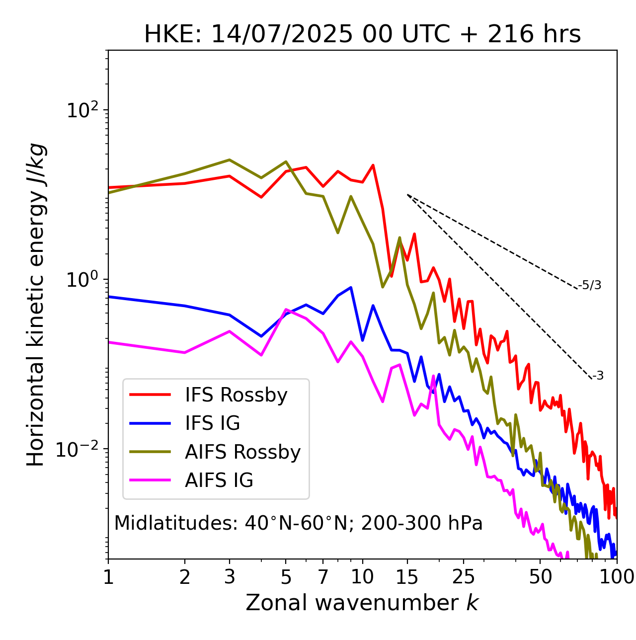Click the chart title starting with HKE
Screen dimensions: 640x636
click(x=362, y=35)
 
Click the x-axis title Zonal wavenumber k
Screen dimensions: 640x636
click(x=362, y=603)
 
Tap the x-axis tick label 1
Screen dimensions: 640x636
click(x=108, y=577)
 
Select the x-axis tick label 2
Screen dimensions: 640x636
click(x=185, y=577)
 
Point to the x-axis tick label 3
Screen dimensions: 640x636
click(x=230, y=577)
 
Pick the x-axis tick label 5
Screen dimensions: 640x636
click(x=286, y=577)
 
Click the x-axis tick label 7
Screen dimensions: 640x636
click(x=323, y=577)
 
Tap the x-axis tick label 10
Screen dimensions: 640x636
click(x=362, y=577)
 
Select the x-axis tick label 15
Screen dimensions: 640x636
click(x=407, y=577)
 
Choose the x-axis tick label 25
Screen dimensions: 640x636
click(x=464, y=577)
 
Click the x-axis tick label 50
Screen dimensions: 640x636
click(x=540, y=577)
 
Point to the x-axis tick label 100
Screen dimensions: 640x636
click(x=617, y=577)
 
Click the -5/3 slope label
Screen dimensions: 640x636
click(x=590, y=285)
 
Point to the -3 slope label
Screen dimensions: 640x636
click(x=598, y=376)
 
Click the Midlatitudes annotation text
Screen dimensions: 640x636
click(x=298, y=523)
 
